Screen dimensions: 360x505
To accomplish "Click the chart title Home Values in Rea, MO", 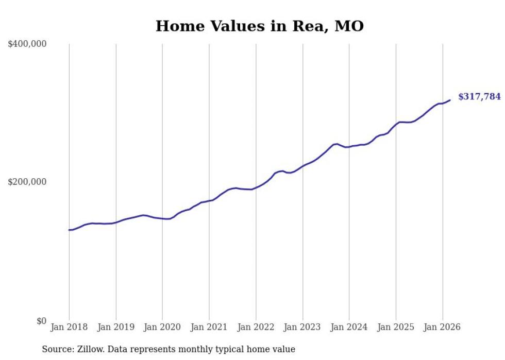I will (259, 26).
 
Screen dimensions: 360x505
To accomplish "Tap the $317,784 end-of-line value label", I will (479, 96).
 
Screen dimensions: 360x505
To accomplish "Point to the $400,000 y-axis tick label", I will (27, 44).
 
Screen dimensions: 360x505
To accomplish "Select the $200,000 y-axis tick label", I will (27, 182).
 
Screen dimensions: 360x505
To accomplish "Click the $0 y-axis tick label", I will (41, 321).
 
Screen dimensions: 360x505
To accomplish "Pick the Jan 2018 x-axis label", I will (69, 327).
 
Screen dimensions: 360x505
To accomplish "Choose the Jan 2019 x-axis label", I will (116, 327).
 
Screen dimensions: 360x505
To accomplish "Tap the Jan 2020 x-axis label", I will (162, 327).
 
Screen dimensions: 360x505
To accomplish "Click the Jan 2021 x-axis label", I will (209, 327).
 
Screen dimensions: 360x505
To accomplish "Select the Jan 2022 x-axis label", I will (256, 327).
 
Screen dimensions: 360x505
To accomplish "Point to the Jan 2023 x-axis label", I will (302, 327).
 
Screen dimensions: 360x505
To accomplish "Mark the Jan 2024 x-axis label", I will (349, 327).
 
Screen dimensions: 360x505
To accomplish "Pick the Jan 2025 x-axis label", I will (396, 327).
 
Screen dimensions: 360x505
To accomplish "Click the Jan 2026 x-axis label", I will (442, 327).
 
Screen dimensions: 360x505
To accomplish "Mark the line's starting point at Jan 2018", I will (69, 230).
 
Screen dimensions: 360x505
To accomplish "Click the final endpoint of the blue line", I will (450, 100).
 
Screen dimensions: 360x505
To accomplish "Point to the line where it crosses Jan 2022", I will (256, 187).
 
